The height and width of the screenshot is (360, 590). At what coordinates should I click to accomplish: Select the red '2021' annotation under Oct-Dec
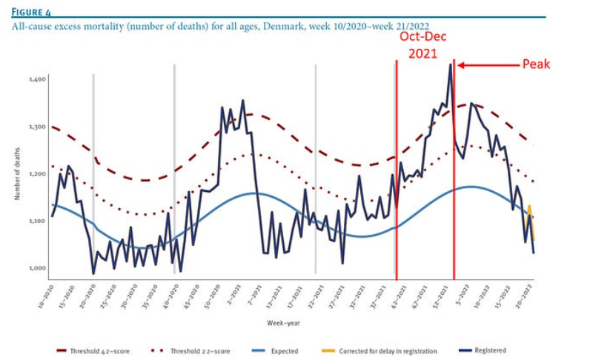click(x=425, y=54)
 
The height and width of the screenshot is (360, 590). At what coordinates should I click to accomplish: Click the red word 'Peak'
click(x=537, y=64)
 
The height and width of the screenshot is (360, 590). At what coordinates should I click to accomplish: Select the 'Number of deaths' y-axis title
click(x=16, y=173)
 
